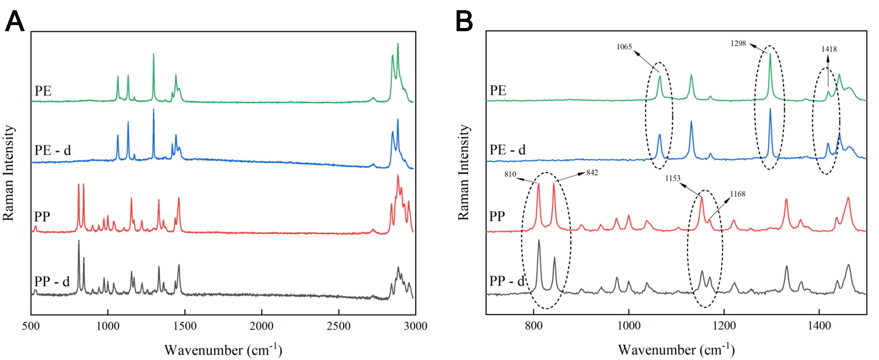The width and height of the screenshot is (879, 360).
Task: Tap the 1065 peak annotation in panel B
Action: click(x=624, y=47)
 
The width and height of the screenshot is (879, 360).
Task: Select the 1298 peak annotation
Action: click(x=738, y=43)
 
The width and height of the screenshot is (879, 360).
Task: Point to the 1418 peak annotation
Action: click(x=829, y=49)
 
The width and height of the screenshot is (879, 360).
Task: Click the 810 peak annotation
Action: click(x=510, y=174)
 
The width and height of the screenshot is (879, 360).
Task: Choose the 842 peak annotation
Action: click(x=592, y=173)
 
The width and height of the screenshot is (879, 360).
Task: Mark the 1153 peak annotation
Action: click(x=673, y=178)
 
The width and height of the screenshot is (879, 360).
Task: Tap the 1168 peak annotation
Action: click(x=738, y=194)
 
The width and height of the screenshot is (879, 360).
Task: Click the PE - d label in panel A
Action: click(x=53, y=150)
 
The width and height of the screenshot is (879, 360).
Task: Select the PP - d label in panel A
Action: click(x=52, y=282)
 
